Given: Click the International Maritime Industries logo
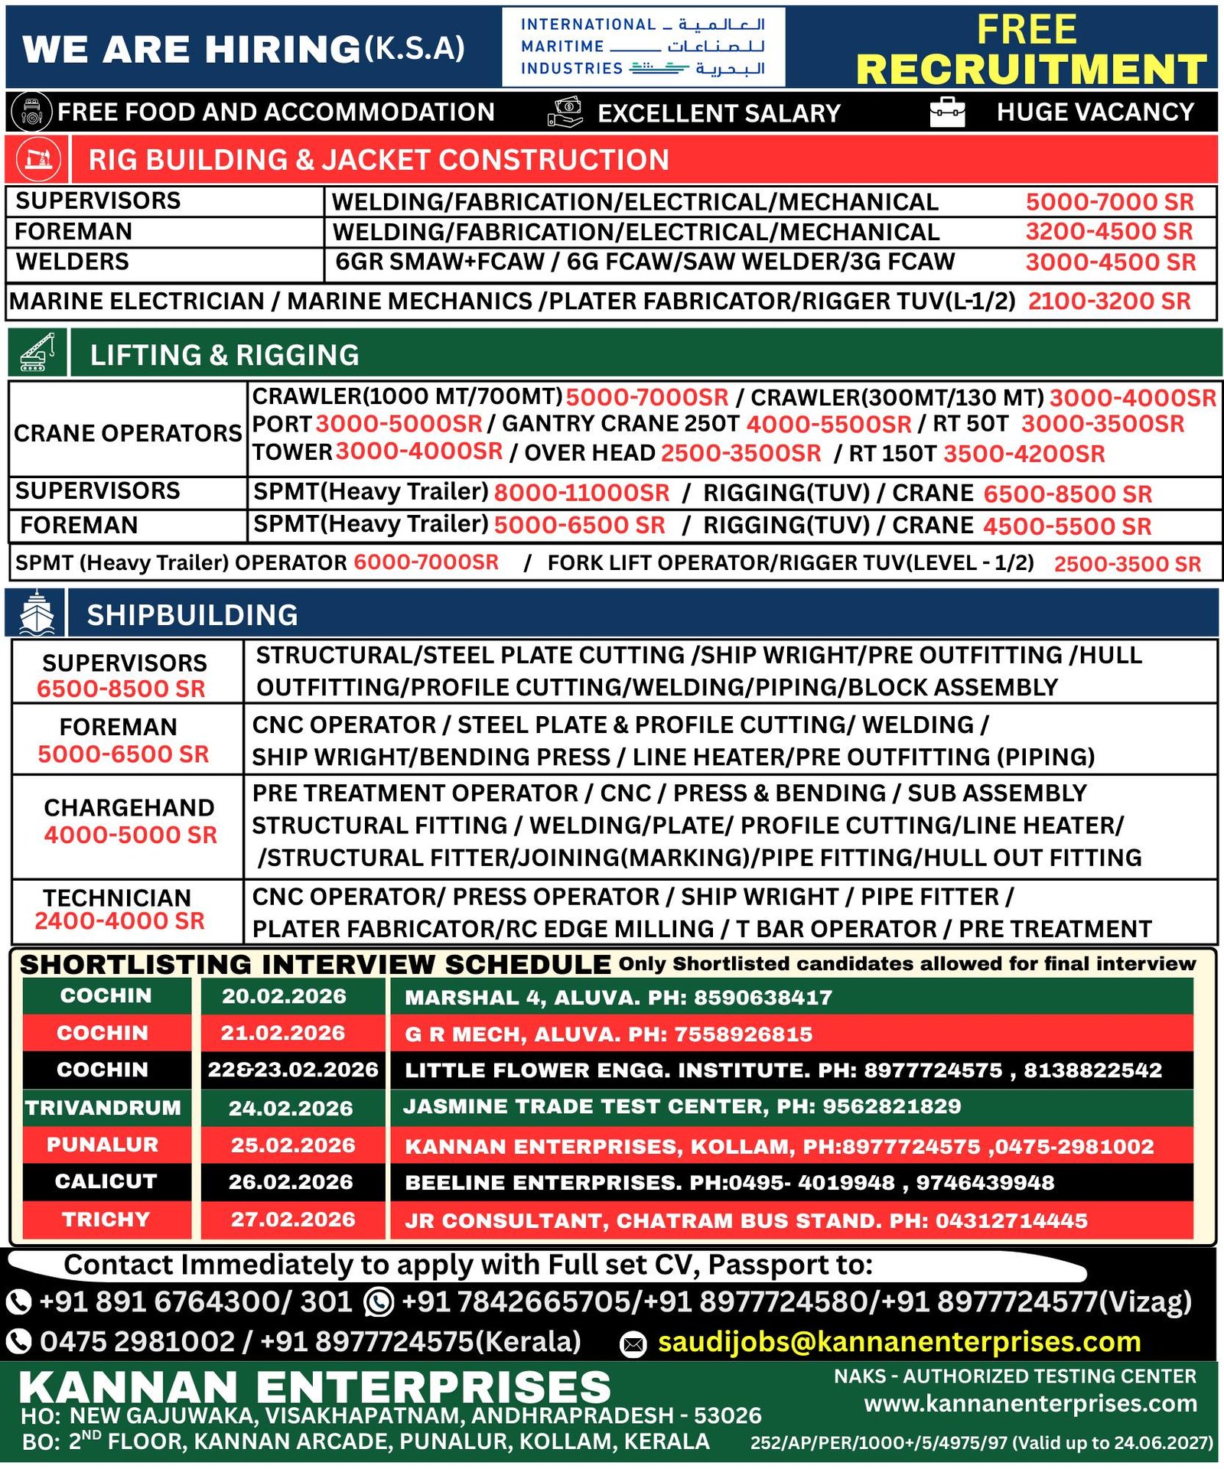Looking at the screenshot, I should [643, 47].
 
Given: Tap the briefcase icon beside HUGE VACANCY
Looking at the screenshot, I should [947, 112].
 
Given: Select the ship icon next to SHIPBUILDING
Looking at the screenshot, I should [36, 613].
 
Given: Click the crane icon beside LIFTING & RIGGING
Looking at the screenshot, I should [37, 353].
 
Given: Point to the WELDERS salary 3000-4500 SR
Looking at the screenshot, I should [1110, 262].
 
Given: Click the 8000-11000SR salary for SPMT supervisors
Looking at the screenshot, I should [581, 493].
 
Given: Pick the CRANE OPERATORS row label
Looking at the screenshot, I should [128, 433].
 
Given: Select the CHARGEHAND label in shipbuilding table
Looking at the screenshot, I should [129, 807].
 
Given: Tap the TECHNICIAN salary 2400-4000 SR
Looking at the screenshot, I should [120, 921].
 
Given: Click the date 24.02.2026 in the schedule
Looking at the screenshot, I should [291, 1108].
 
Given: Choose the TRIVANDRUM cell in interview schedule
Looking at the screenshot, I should [103, 1108].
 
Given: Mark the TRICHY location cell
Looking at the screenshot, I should [106, 1220].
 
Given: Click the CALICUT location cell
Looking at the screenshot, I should [106, 1181].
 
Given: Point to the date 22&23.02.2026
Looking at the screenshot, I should [293, 1070].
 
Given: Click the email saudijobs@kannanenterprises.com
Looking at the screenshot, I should [899, 1342].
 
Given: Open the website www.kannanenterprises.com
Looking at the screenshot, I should [1030, 1404].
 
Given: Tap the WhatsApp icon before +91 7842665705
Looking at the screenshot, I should [379, 1302].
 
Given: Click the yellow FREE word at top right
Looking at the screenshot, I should [1027, 31].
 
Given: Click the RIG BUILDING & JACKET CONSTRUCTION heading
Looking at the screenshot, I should [379, 160].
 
